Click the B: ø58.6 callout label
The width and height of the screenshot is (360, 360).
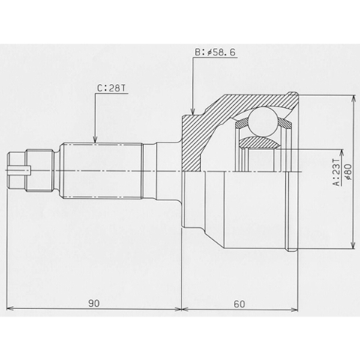[215, 52]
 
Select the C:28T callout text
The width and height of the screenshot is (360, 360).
[111, 88]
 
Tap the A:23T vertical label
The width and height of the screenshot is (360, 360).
[337, 172]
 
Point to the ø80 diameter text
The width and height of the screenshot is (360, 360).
[348, 172]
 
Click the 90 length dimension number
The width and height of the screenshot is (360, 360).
[94, 303]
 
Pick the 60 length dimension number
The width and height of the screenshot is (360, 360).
[239, 304]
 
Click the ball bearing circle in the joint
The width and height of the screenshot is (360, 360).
[263, 122]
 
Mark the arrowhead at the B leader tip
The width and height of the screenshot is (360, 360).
[193, 111]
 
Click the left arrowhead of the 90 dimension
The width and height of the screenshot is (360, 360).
[10, 309]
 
